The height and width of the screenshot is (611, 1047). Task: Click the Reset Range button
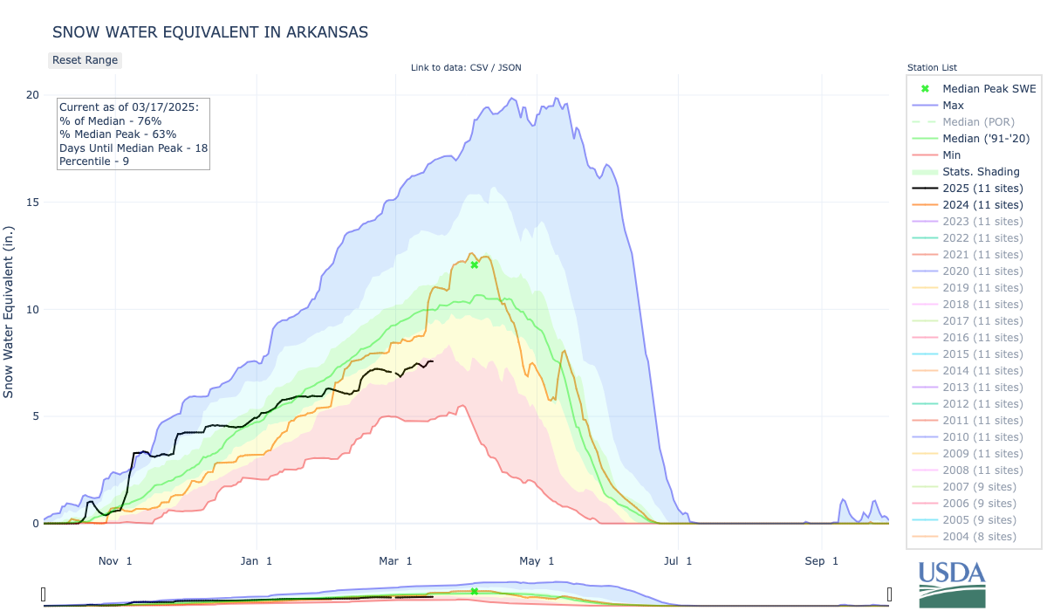coord(84,60)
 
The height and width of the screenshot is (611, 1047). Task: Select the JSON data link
coord(510,68)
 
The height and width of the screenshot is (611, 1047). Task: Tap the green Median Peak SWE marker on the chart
coord(474,264)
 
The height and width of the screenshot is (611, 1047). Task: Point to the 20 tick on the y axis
coord(32,94)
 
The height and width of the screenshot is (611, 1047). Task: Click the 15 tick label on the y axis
coord(32,202)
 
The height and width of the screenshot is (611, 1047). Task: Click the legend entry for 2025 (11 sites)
coord(982,189)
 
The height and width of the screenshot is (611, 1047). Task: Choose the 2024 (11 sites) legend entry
coord(982,205)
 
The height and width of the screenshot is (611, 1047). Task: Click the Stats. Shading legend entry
coord(981,172)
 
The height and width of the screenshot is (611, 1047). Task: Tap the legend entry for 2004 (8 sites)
coord(979,536)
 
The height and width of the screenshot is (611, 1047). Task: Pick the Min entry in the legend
coord(953,155)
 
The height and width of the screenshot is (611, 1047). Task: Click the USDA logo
coord(952,583)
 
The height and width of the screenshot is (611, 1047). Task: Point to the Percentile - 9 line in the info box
coord(94,161)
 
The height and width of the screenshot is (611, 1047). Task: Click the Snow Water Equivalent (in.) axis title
coord(10,309)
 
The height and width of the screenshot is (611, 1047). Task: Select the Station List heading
coord(932,67)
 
